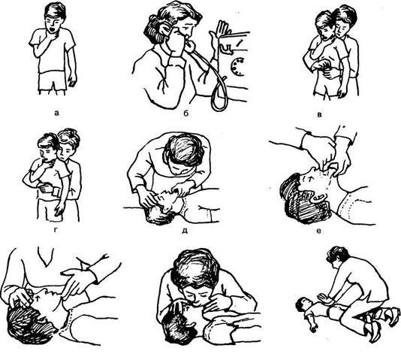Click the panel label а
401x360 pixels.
[57, 113]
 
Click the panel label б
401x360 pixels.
[186, 113]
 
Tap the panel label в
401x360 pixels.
[319, 115]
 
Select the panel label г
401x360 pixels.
[56, 230]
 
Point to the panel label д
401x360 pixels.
[185, 231]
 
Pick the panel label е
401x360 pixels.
[318, 231]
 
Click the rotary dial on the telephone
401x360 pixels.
[237, 67]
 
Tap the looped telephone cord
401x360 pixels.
[219, 93]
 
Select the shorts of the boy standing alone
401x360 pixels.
[53, 81]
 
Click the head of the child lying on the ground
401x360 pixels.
[302, 305]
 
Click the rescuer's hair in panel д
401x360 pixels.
[185, 149]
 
